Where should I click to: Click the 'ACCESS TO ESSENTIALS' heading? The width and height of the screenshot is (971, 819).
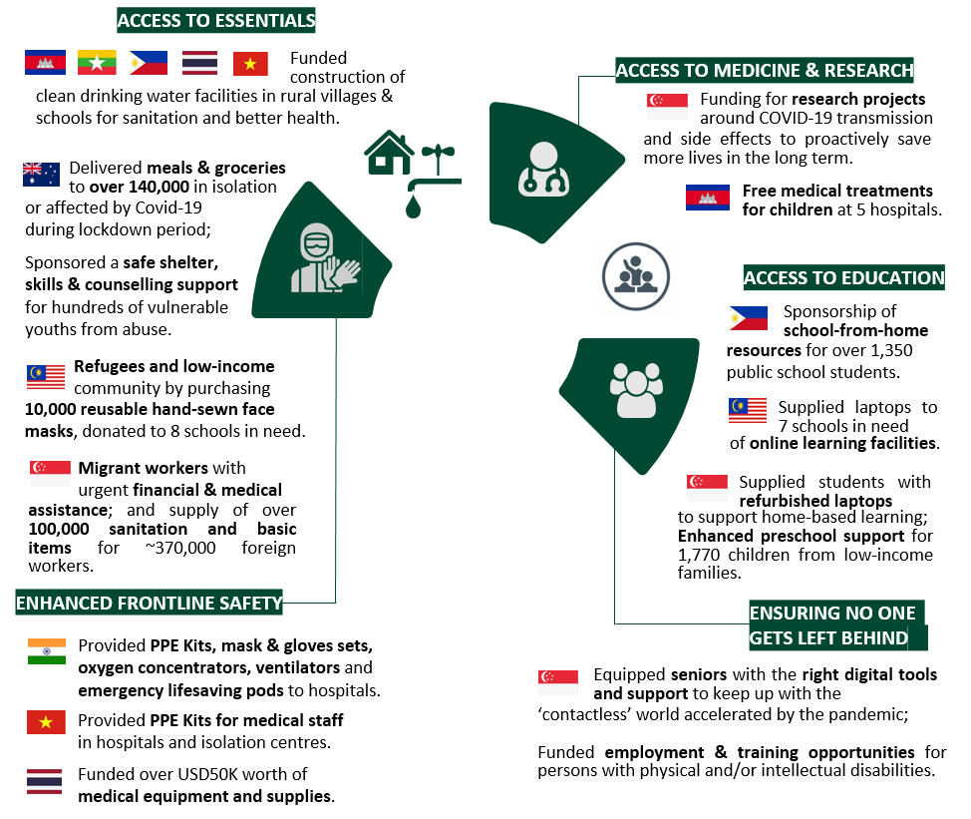pyautogui.click(x=216, y=20)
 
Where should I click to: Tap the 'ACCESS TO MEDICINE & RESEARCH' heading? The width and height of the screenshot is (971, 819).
pyautogui.click(x=765, y=70)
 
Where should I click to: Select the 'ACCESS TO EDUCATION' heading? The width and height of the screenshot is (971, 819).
pyautogui.click(x=844, y=277)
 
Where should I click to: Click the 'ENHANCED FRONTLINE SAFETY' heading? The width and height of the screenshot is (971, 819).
pyautogui.click(x=149, y=603)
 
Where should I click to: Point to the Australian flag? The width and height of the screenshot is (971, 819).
pyautogui.click(x=41, y=175)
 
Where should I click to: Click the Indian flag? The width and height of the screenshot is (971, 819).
pyautogui.click(x=47, y=651)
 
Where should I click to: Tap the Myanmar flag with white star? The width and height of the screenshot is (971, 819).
pyautogui.click(x=97, y=62)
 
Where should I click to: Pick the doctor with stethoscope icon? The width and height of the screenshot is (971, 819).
pyautogui.click(x=543, y=170)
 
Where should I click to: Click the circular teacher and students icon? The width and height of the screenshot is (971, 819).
pyautogui.click(x=636, y=276)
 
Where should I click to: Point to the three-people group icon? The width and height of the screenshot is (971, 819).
pyautogui.click(x=636, y=390)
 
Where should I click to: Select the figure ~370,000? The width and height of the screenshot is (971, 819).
pyautogui.click(x=180, y=548)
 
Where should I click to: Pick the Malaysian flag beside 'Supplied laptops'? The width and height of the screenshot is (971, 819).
pyautogui.click(x=748, y=410)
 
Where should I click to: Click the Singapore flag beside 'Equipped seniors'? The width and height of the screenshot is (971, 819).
pyautogui.click(x=558, y=682)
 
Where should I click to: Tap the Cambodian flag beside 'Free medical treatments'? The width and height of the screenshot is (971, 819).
pyautogui.click(x=707, y=198)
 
